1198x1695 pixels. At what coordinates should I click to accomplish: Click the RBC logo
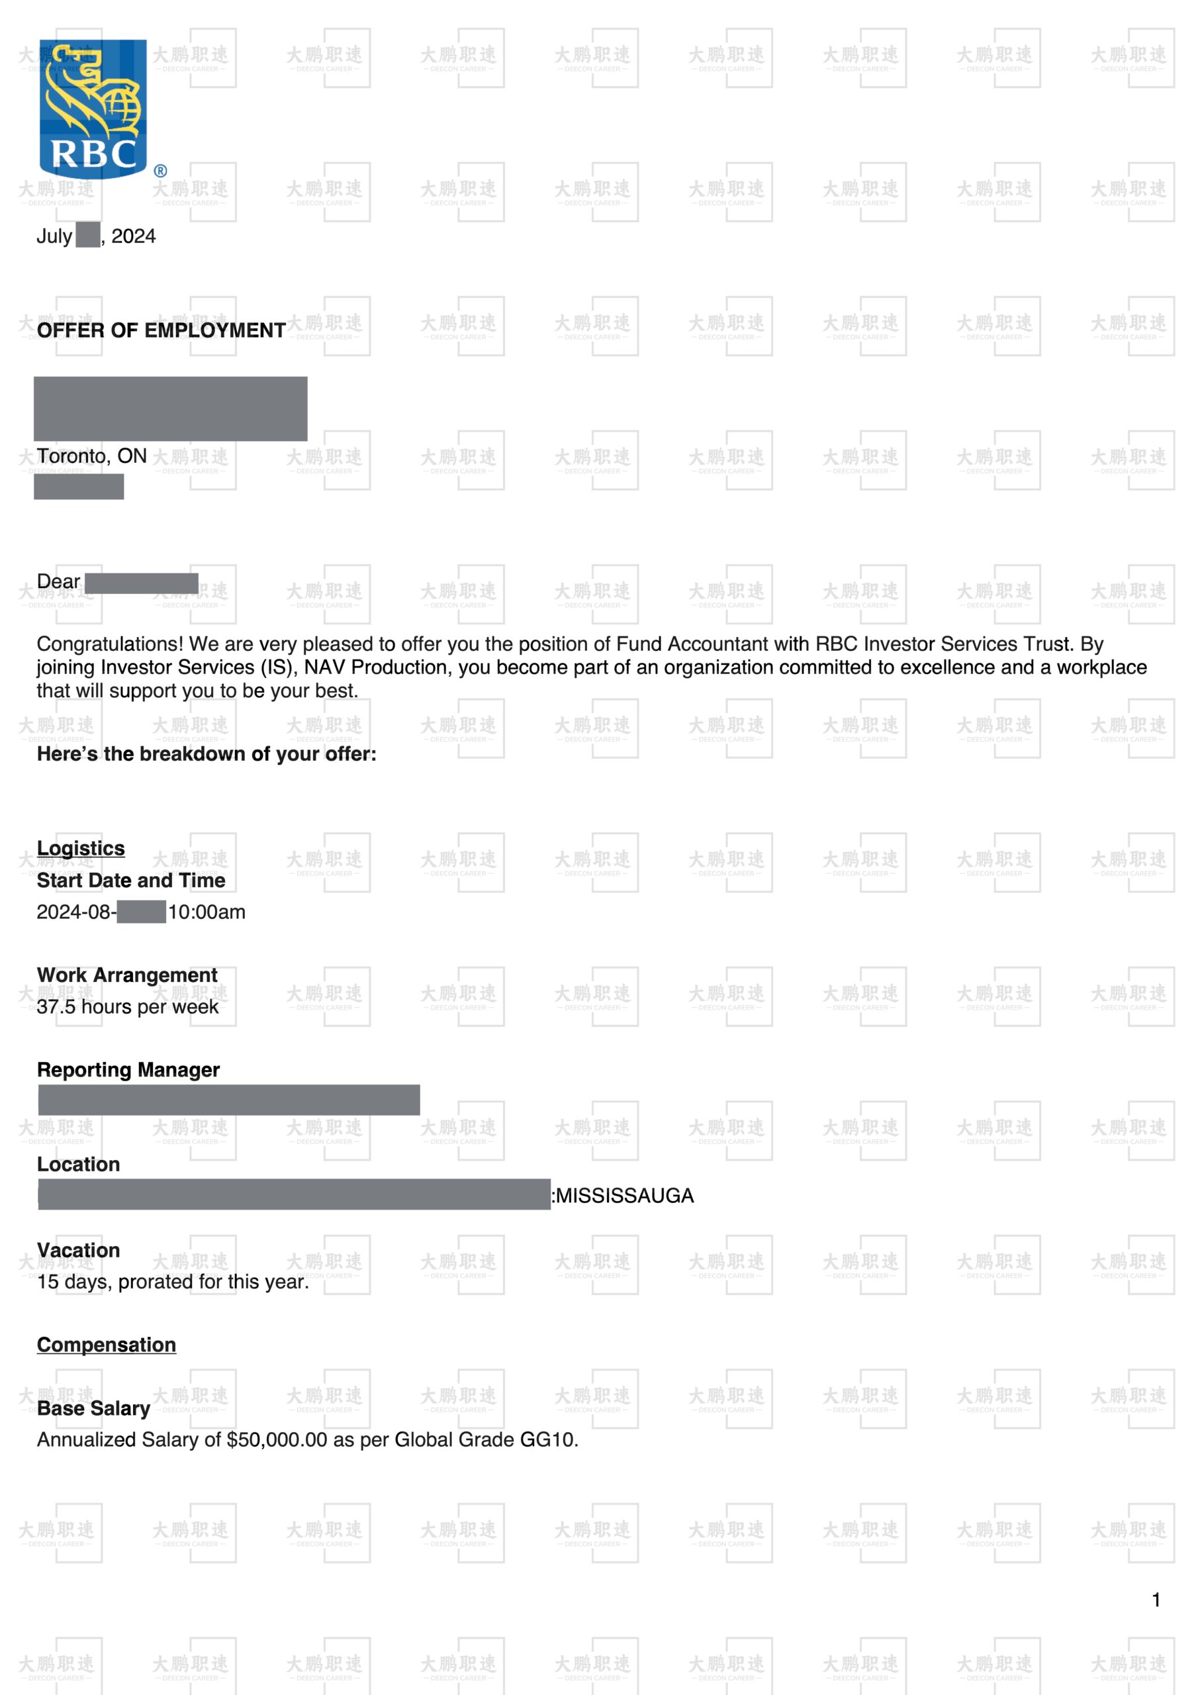click(94, 109)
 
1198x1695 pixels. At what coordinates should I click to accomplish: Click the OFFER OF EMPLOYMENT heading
click(161, 331)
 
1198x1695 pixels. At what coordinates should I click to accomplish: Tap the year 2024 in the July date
click(134, 236)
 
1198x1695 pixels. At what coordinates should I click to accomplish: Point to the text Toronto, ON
click(91, 456)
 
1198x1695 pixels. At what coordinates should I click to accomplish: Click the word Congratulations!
click(110, 644)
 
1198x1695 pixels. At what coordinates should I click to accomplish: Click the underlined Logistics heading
click(81, 848)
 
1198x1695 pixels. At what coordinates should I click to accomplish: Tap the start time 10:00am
click(207, 912)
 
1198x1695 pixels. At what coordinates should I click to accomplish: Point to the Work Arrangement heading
click(127, 975)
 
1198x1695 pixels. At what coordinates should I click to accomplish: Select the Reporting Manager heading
click(128, 1070)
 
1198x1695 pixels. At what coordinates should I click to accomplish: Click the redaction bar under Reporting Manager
click(229, 1100)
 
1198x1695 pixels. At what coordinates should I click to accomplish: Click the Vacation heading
click(78, 1251)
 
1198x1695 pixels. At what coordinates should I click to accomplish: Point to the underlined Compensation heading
click(107, 1345)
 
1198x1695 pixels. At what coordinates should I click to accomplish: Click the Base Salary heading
click(94, 1408)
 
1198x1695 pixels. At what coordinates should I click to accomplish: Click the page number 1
click(1156, 1600)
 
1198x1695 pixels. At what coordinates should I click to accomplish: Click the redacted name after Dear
click(142, 583)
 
